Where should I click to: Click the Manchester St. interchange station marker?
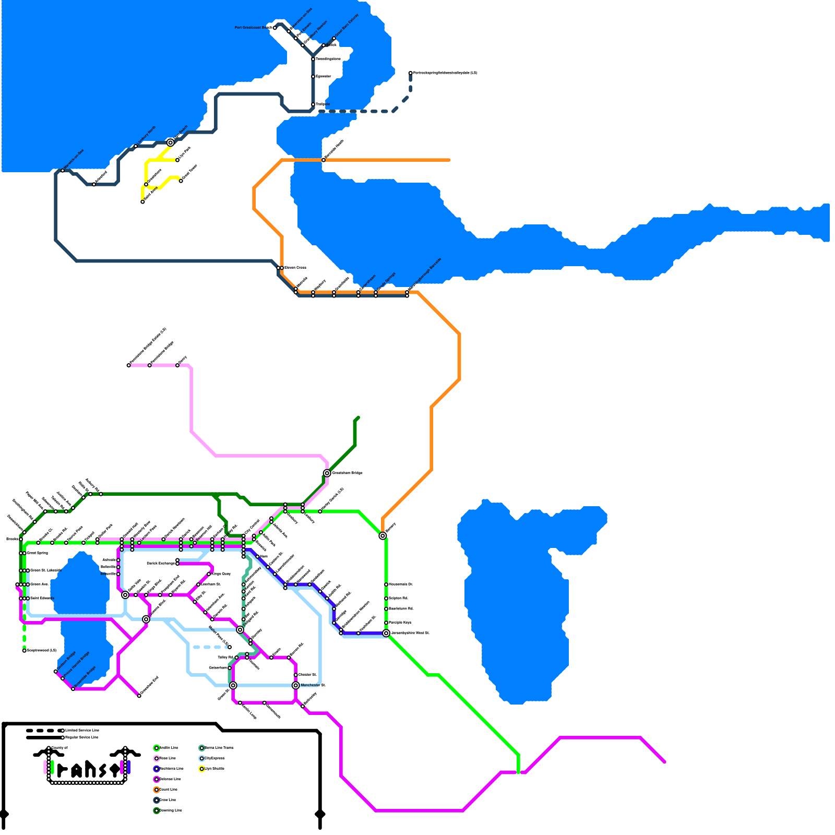click(296, 685)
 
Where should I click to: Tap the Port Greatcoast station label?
click(253, 28)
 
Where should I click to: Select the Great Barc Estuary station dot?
click(334, 38)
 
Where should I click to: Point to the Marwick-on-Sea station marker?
click(63, 171)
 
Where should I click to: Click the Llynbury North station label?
click(147, 136)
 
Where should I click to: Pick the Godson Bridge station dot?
click(56, 672)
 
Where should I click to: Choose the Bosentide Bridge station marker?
click(73, 689)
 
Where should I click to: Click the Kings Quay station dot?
click(209, 574)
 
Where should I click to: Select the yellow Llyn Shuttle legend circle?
click(201, 769)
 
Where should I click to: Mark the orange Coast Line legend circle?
click(157, 790)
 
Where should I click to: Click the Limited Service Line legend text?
click(82, 730)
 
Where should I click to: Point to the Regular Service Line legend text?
click(81, 737)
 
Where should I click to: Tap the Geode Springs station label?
click(386, 281)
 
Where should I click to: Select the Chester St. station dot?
click(296, 675)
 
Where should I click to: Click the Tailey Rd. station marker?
click(236, 658)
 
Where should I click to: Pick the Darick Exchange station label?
click(161, 564)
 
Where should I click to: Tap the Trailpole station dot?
click(313, 104)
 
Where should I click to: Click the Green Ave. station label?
click(39, 584)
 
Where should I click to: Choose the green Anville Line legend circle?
click(157, 748)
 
